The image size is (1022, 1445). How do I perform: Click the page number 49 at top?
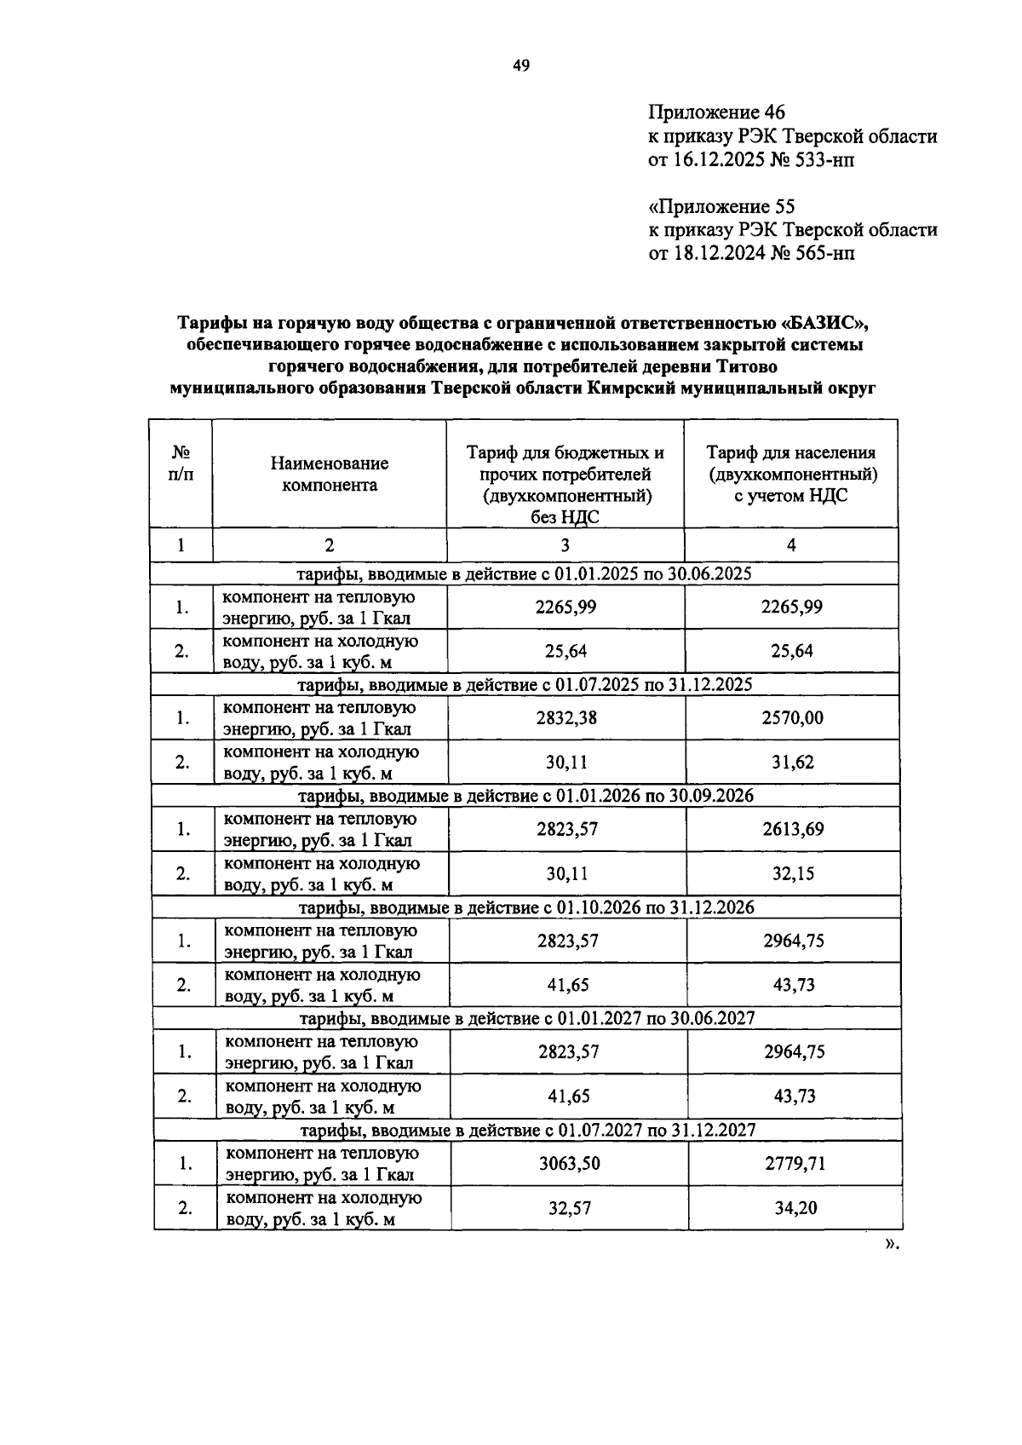521,66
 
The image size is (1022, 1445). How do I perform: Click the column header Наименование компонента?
330,475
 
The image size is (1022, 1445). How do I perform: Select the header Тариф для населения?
791,453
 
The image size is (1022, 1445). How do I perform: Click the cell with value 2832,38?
566,718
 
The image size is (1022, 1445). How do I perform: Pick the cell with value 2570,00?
792,718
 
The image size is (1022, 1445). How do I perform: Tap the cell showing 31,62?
792,763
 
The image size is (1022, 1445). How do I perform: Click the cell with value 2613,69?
793,829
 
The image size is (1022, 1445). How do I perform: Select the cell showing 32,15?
793,873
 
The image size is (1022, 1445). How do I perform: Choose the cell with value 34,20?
795,1208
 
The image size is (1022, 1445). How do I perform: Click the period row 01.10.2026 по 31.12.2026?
526,907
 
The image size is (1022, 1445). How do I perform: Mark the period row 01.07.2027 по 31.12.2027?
528,1131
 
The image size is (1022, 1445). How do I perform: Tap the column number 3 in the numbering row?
566,546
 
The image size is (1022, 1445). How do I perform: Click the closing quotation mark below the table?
890,1245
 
